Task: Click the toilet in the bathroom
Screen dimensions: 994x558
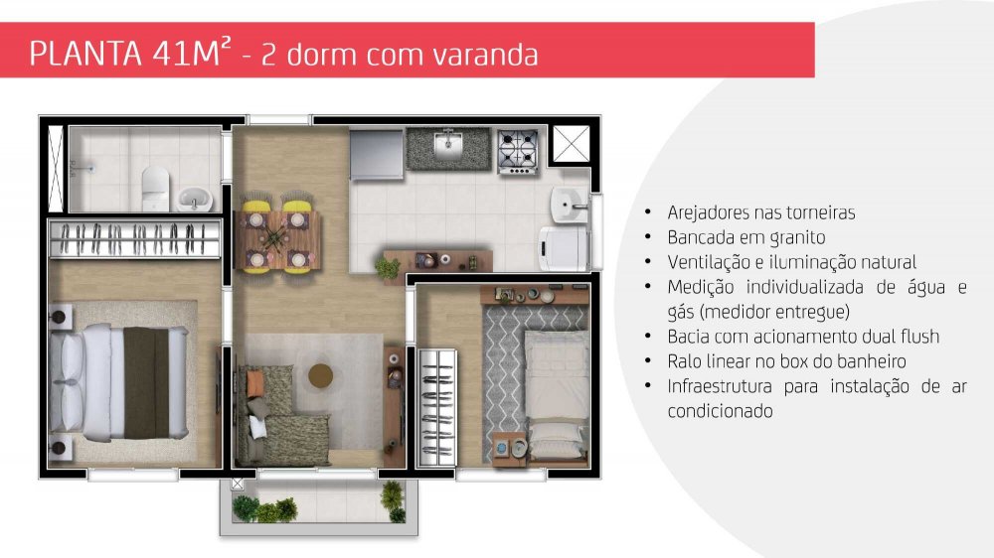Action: [x=155, y=188]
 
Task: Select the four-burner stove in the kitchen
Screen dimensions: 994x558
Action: [x=518, y=151]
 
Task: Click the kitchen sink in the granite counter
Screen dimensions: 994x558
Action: [x=448, y=146]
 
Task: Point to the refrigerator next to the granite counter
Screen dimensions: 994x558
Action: [x=377, y=155]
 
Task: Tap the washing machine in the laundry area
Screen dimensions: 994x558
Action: [x=563, y=249]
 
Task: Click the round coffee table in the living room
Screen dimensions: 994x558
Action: [x=321, y=375]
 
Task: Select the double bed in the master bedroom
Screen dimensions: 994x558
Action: [x=119, y=382]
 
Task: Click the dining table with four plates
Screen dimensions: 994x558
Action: [x=277, y=239]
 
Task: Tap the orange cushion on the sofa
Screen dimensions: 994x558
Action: [x=255, y=384]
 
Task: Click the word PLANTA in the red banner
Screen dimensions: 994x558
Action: [x=85, y=54]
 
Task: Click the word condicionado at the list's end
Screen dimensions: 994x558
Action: [x=720, y=411]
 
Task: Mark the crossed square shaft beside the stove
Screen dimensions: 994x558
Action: [x=572, y=144]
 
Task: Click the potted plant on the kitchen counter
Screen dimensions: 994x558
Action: [x=388, y=267]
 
